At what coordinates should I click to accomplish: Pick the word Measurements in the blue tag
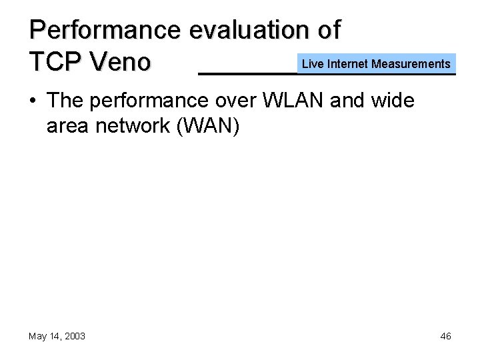coord(411,64)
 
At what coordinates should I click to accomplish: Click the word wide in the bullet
coord(396,102)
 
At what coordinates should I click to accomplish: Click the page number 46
coord(445,336)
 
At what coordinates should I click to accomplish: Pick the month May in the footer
coord(37,336)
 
